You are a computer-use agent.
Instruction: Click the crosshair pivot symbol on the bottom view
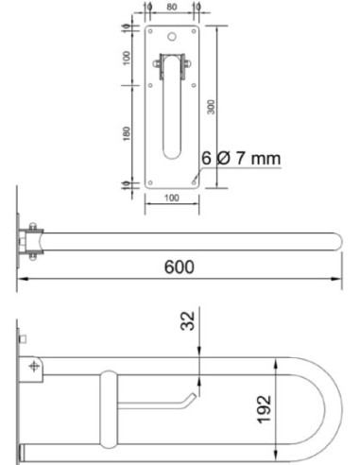[36, 365]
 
